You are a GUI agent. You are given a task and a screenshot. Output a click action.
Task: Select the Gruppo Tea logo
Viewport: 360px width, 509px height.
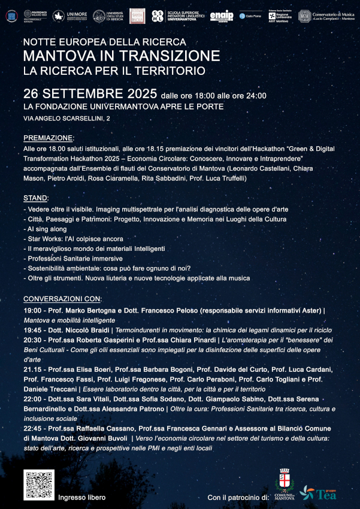[x=318, y=492]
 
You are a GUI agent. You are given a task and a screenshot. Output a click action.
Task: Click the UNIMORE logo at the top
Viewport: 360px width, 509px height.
[x=71, y=16]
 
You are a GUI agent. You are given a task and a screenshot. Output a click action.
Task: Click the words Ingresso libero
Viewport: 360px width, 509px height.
[x=81, y=498]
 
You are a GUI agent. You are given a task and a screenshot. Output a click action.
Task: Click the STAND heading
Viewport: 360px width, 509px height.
[x=36, y=198]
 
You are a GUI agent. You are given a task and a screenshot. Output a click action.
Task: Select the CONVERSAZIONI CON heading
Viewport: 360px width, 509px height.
[x=62, y=299]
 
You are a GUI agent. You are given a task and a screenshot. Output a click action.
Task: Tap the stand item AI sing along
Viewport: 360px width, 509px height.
[x=46, y=229]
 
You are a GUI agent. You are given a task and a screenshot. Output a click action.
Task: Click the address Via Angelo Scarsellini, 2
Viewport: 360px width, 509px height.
[x=66, y=119]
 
